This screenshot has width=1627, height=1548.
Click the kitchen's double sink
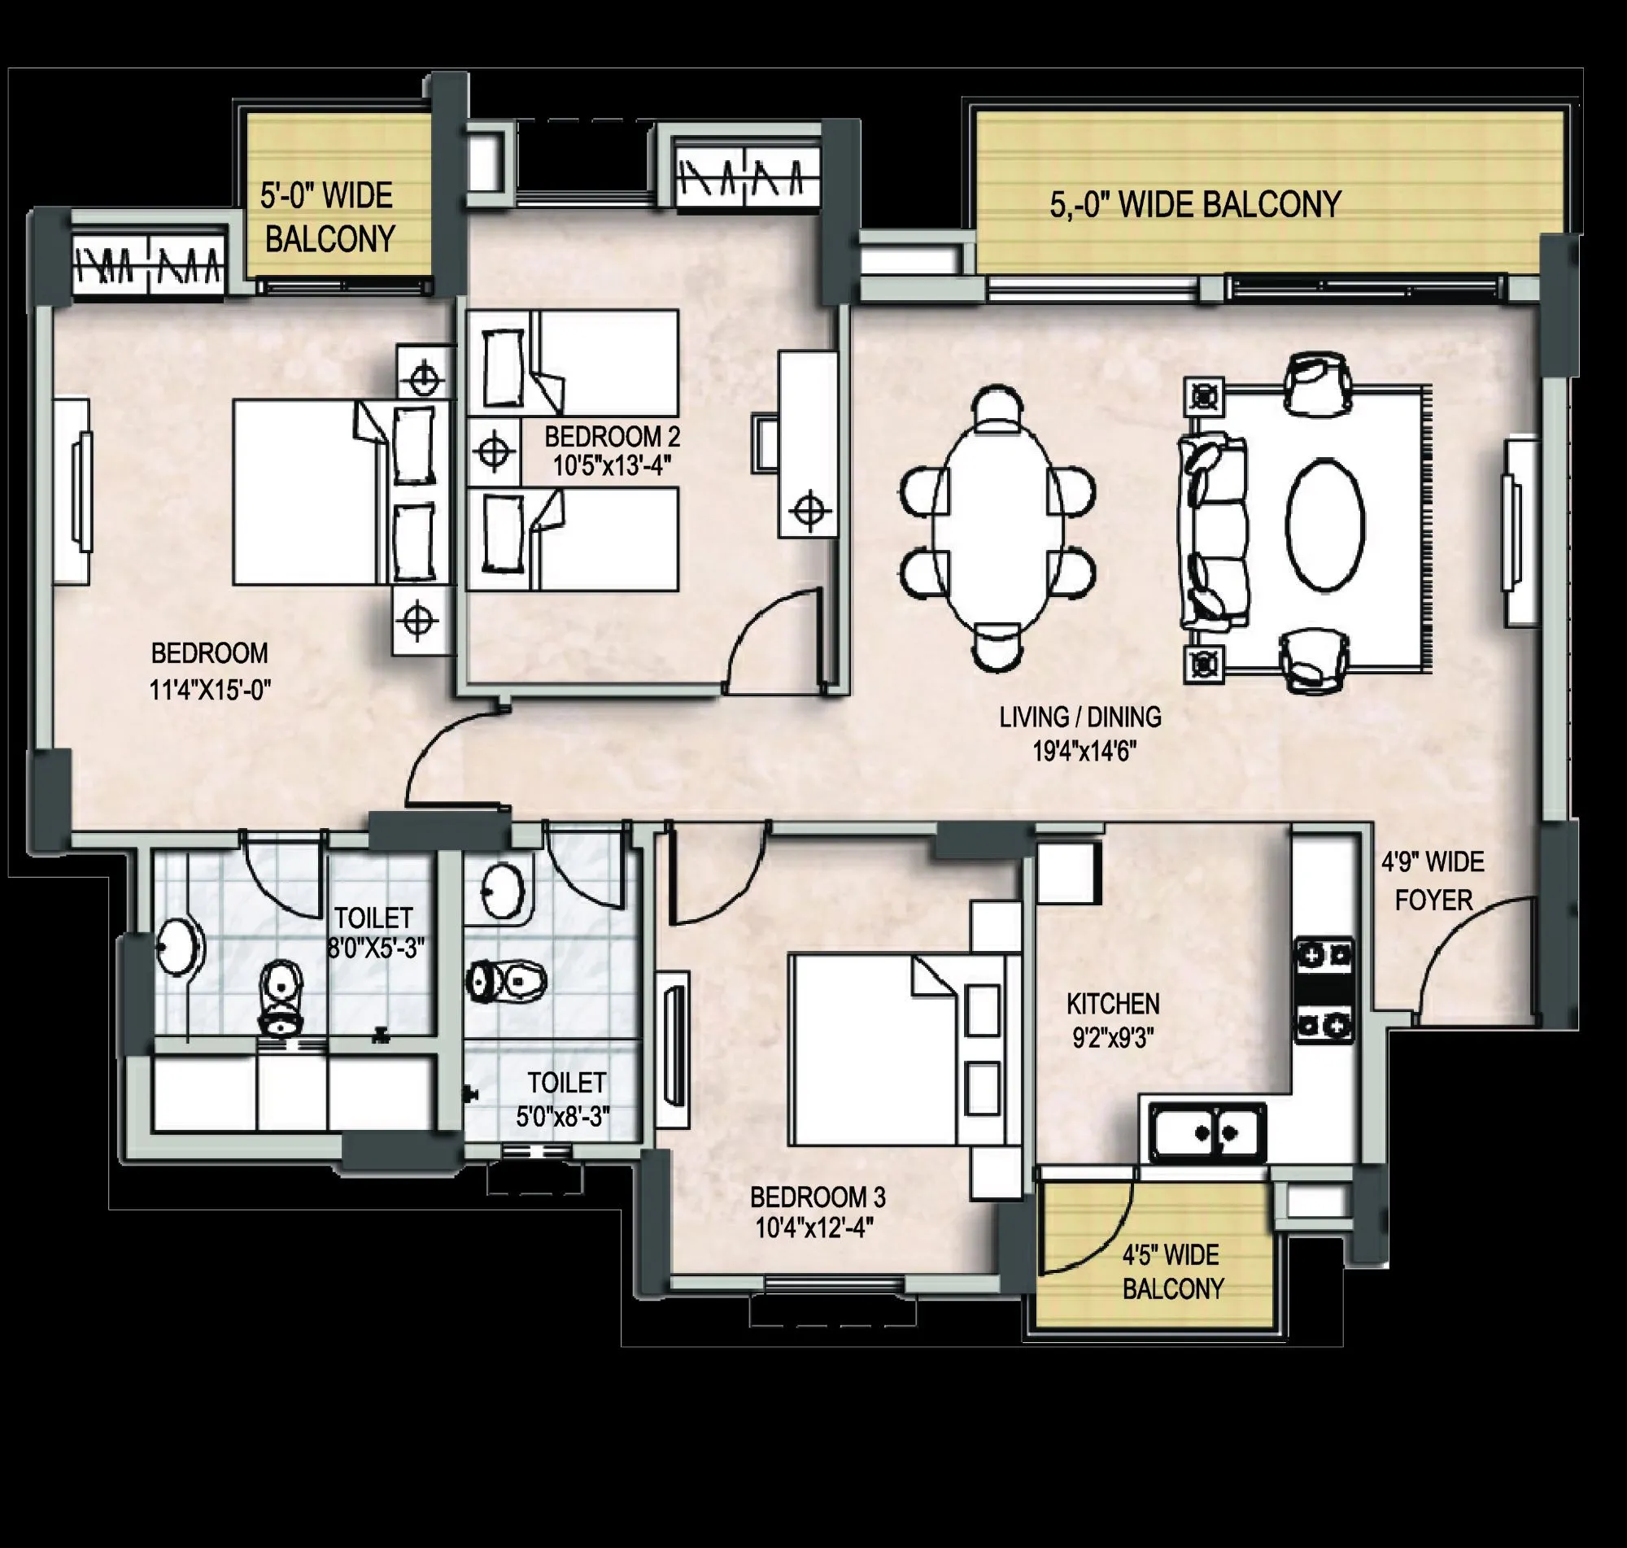[x=1206, y=1132]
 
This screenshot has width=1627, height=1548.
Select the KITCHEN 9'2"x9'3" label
[x=1113, y=1021]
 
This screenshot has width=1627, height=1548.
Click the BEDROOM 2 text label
[x=612, y=437]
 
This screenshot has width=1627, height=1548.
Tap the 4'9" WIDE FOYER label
[x=1433, y=881]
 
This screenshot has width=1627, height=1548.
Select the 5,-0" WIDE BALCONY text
[x=1195, y=205]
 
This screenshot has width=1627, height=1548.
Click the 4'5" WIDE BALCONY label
[x=1171, y=1271]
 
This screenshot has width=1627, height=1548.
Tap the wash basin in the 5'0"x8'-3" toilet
[x=502, y=892]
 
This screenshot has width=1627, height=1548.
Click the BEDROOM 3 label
[x=817, y=1197]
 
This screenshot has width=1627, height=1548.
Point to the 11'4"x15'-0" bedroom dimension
[x=210, y=690]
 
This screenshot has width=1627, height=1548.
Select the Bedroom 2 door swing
[x=771, y=639]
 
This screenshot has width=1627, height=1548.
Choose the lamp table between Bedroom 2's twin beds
[x=493, y=451]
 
